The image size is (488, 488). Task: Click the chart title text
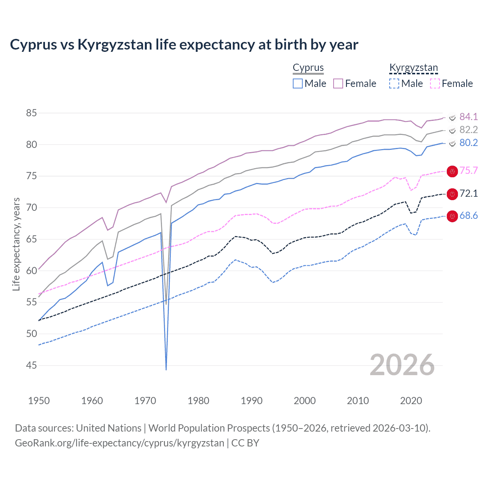(184, 45)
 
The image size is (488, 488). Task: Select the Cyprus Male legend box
(298, 83)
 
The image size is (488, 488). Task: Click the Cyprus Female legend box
(338, 83)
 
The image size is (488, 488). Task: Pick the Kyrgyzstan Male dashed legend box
(394, 83)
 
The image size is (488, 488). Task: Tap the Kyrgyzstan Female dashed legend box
(435, 83)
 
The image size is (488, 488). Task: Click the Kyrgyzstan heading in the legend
(414, 68)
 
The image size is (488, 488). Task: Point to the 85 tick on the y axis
(32, 113)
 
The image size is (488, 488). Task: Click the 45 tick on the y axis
(32, 366)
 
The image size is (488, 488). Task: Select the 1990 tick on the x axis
(252, 401)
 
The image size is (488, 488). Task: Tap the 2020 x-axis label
(411, 401)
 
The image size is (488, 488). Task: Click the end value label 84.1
(469, 117)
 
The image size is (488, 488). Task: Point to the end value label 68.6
(469, 216)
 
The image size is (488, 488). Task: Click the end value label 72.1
(469, 194)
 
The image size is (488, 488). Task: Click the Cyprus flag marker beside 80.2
(452, 143)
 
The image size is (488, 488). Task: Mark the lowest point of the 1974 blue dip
(166, 369)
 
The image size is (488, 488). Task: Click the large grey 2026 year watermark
(402, 365)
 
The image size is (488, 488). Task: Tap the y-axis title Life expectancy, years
(16, 244)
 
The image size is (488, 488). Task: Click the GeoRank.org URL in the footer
(119, 443)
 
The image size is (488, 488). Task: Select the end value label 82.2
(469, 130)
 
